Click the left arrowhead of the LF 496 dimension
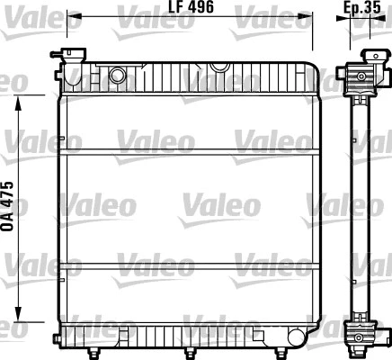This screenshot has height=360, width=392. click(x=73, y=16)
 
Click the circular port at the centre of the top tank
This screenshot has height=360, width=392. click(x=218, y=67)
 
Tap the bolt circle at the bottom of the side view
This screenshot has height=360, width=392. click(x=361, y=337)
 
